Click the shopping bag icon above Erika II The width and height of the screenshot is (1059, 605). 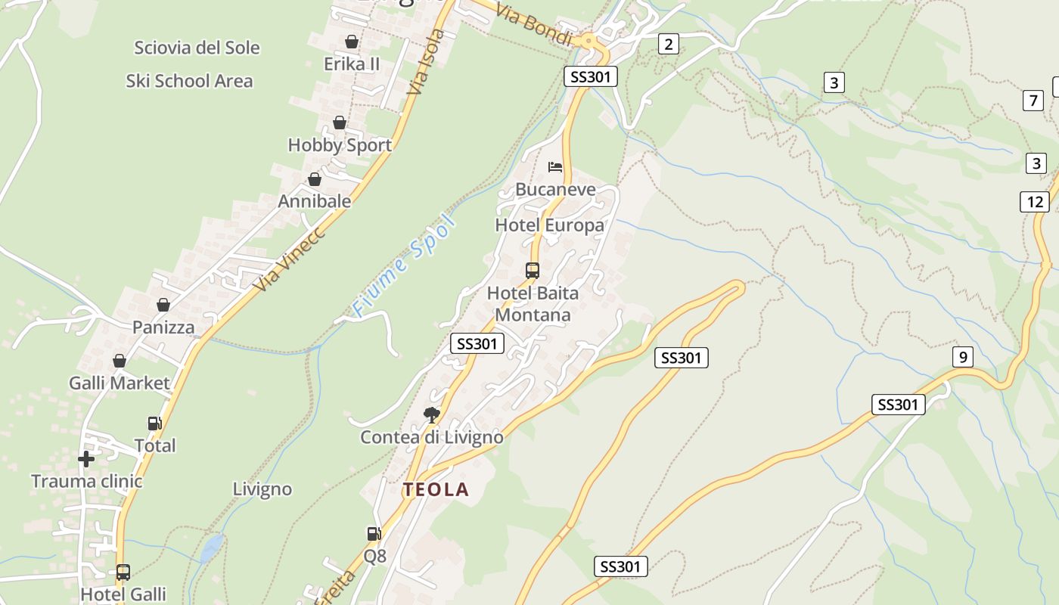[x=351, y=42]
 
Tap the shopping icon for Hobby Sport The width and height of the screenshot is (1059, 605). [x=340, y=123]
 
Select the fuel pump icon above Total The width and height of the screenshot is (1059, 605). [x=154, y=423]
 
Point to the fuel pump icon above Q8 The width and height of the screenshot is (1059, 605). [x=374, y=533]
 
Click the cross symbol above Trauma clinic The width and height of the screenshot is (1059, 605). [x=86, y=458]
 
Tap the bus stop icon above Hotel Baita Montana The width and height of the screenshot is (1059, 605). [x=533, y=270]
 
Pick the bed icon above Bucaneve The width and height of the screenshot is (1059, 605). [x=555, y=166]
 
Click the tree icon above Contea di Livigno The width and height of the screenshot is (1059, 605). [x=432, y=414]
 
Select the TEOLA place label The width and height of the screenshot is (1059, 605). [x=436, y=489]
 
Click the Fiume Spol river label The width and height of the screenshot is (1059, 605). [x=405, y=265]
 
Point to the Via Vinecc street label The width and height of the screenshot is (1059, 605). [x=290, y=259]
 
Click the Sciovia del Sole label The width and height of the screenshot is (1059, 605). [x=197, y=48]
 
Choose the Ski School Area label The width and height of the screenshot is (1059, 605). [x=189, y=81]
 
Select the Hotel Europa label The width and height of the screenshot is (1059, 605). [x=549, y=225]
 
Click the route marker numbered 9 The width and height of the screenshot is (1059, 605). [x=962, y=357]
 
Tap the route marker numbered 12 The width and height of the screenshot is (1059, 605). [x=1034, y=202]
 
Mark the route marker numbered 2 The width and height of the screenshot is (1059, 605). [x=667, y=44]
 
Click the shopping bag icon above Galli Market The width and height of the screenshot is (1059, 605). [x=120, y=361]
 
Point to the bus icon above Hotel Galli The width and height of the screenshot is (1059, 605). [x=123, y=572]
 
